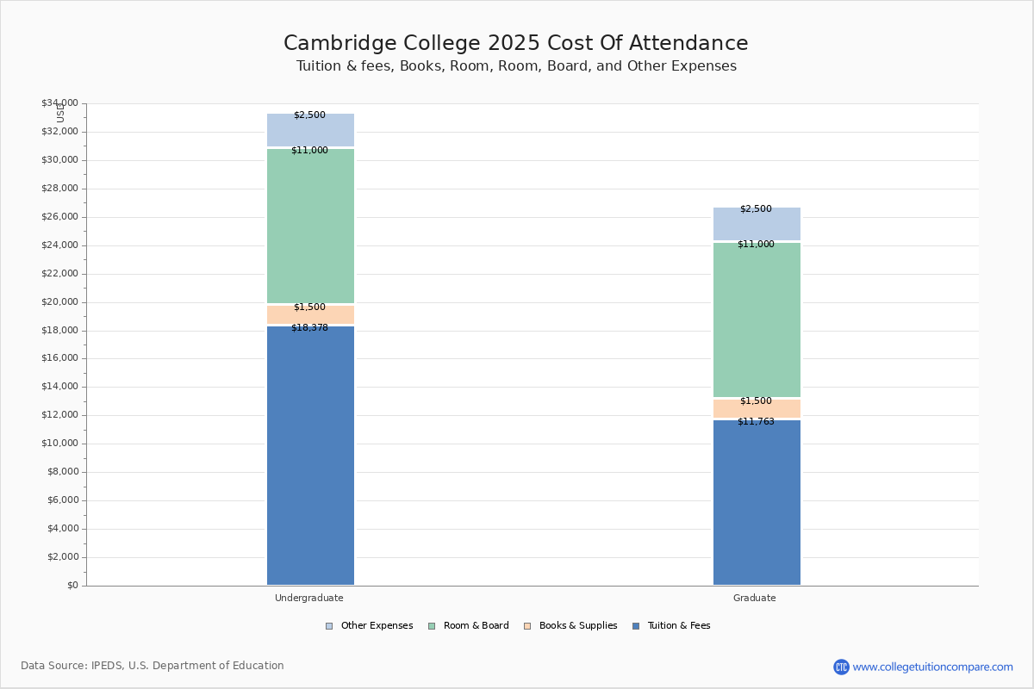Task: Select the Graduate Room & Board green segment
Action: (x=757, y=320)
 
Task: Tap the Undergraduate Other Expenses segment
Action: (x=310, y=130)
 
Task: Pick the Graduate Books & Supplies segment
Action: (x=757, y=408)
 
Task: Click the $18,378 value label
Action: (x=309, y=328)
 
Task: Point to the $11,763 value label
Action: (x=756, y=422)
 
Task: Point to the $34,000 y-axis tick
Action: (x=59, y=103)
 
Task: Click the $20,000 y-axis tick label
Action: (x=59, y=302)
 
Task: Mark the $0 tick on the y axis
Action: (x=72, y=586)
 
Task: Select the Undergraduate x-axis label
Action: (x=309, y=598)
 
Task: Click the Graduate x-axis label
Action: (x=755, y=598)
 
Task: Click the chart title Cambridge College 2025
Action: (x=515, y=44)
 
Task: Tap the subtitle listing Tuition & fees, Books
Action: (x=516, y=66)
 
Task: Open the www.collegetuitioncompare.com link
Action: (x=932, y=667)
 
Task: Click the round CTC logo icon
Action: (x=841, y=667)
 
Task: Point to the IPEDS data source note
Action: (x=153, y=666)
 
